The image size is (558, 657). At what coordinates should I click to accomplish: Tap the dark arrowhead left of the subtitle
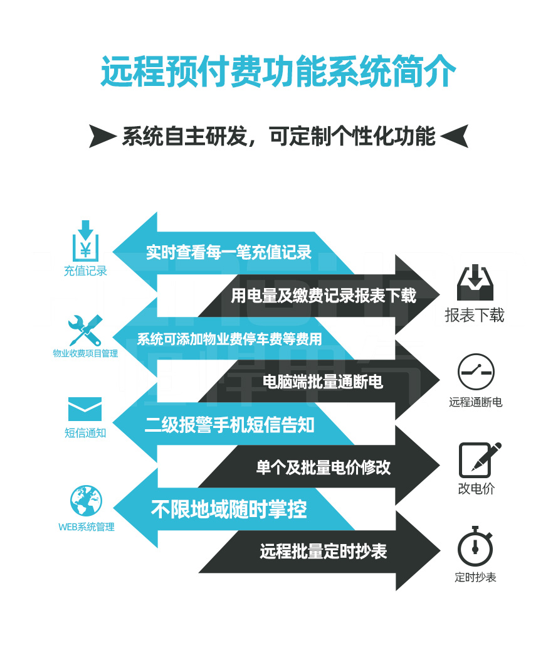[x=102, y=136]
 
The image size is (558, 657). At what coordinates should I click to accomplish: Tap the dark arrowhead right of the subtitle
[x=455, y=136]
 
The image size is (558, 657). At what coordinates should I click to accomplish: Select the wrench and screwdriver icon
[x=85, y=330]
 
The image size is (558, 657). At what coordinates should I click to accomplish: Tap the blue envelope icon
[x=85, y=410]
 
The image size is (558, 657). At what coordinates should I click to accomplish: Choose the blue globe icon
[x=86, y=501]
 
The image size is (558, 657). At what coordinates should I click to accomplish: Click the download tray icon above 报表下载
[x=475, y=283]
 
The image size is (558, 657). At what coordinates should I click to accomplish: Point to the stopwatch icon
[x=475, y=547]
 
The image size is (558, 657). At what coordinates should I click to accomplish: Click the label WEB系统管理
[x=87, y=527]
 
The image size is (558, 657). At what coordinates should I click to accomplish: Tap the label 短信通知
[x=85, y=433]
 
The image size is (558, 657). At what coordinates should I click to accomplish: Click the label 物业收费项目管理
[x=85, y=353]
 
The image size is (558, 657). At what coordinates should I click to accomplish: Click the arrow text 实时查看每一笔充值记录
[x=229, y=252]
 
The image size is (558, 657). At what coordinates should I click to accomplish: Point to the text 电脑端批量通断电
[x=323, y=381]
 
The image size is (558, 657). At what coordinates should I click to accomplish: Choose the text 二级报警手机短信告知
[x=229, y=425]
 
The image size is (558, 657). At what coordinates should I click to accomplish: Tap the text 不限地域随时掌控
[x=229, y=509]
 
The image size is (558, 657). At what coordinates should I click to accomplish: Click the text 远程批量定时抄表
[x=324, y=551]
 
